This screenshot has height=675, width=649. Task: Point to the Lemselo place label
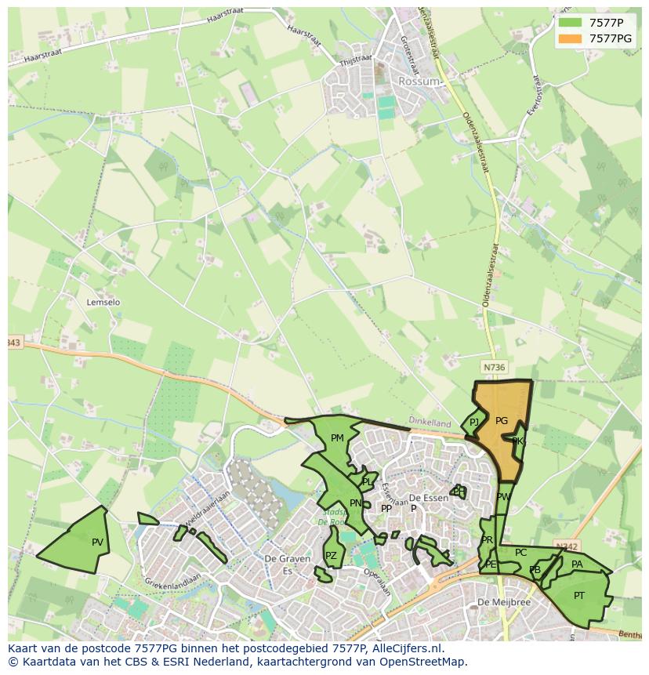(x=103, y=302)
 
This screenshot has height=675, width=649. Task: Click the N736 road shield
(x=494, y=367)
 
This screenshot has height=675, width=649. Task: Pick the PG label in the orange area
(x=502, y=421)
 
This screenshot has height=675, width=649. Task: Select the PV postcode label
(x=97, y=543)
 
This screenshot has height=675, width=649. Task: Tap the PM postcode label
(x=337, y=438)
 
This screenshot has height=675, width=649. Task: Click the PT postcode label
(x=578, y=596)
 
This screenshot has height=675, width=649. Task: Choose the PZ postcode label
(x=331, y=556)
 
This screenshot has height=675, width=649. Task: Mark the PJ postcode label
(x=474, y=423)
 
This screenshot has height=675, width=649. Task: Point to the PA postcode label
(x=577, y=564)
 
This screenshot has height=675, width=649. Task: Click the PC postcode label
(x=520, y=553)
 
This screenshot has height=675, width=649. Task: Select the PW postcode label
(x=503, y=497)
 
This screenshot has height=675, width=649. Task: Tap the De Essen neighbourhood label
(x=428, y=498)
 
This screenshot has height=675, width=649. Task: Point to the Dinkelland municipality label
(x=430, y=420)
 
